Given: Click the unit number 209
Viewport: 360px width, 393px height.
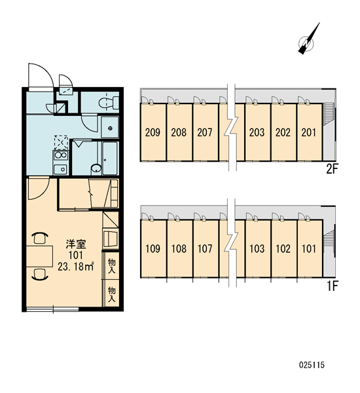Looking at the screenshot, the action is (153, 132).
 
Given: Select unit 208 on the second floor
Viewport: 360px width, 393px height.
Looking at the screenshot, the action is (179, 132).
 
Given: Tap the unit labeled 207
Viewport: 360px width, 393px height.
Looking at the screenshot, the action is (205, 132).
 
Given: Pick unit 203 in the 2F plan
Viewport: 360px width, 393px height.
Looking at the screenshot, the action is (257, 132).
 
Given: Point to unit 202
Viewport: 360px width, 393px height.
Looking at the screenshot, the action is (283, 132).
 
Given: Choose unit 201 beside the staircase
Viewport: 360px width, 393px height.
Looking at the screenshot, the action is (309, 132).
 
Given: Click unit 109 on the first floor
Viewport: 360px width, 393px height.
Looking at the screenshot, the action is (153, 249).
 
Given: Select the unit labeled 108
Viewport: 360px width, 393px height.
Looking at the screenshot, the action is (179, 249).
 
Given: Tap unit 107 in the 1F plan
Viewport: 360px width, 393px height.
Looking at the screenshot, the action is (205, 249).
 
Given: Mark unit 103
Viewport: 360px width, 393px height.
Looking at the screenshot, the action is (257, 249).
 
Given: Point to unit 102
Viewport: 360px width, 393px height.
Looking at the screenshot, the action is (283, 249).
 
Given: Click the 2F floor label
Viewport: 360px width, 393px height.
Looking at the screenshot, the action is (333, 170).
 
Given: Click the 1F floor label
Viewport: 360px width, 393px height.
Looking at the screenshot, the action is (333, 286).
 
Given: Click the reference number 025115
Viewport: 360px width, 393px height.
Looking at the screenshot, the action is (312, 365).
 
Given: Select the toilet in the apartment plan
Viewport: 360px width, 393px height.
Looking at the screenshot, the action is (109, 103).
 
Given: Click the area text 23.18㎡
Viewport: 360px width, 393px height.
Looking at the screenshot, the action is (76, 267).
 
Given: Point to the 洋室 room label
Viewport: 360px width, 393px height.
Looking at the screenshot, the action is (76, 244).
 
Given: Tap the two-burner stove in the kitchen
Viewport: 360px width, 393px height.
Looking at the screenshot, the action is (61, 155).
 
